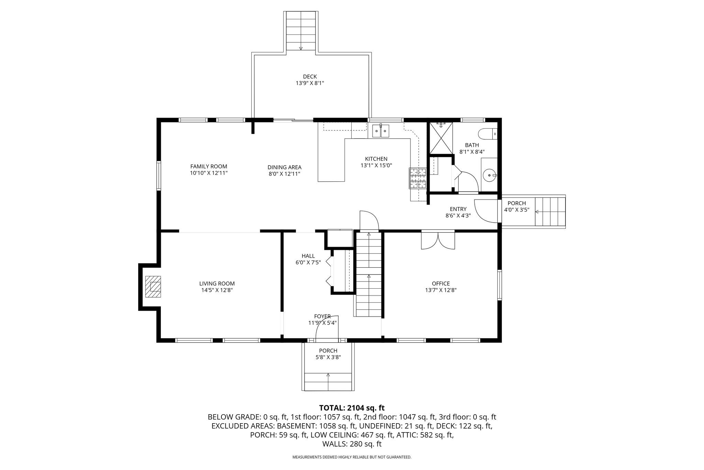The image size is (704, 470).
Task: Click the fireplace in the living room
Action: (x=153, y=286)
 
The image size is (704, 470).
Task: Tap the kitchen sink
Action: (x=381, y=131)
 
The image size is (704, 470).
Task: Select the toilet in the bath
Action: (x=487, y=134)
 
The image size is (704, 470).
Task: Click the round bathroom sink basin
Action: (x=489, y=175)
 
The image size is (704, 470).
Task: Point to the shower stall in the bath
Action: (x=441, y=138)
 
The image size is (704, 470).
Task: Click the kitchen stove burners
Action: (x=418, y=178)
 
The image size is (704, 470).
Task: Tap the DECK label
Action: (x=310, y=76)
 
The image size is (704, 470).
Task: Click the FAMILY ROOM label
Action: (x=209, y=167)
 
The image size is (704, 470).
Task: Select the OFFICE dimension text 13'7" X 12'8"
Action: (x=441, y=290)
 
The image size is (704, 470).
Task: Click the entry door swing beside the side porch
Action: (x=486, y=209)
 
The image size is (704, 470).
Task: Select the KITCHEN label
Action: (x=376, y=159)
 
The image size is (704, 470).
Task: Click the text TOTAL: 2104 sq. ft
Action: (x=352, y=408)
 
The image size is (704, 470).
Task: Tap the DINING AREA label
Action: (x=284, y=168)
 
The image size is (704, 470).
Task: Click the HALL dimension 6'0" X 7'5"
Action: (x=308, y=263)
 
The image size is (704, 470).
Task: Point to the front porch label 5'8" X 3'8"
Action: (x=328, y=357)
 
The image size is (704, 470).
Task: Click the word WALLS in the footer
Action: (x=334, y=444)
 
